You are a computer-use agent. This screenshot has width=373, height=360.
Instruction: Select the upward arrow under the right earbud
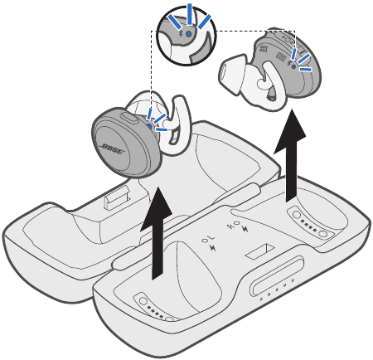[x=290, y=158]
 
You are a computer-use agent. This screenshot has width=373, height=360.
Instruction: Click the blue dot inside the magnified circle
[x=189, y=34]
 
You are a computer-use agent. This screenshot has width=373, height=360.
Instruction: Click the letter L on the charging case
[x=207, y=243]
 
